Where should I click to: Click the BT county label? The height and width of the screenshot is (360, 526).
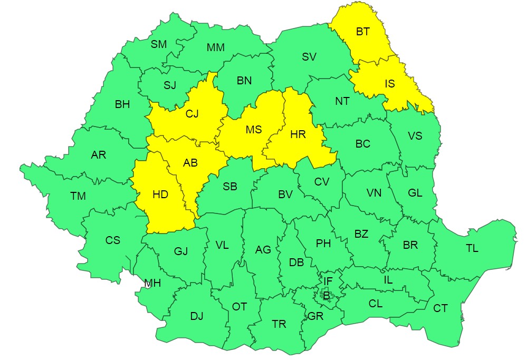362,32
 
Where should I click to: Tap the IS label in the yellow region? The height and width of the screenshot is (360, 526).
389,83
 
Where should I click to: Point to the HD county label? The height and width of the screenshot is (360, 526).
160,194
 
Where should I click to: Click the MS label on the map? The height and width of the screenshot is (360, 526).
253,130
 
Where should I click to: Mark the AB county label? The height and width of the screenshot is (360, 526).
190,163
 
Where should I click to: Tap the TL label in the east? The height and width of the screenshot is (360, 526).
472,248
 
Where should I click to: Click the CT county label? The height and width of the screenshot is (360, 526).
440,308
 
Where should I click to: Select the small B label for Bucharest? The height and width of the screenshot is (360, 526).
326,296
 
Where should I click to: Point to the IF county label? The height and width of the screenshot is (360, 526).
328,281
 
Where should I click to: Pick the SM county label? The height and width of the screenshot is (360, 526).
158,44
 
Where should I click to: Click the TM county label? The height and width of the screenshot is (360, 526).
78,197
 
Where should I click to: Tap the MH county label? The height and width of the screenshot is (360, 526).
152,284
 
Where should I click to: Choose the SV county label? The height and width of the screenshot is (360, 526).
309,57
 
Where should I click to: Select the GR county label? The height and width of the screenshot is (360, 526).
315,316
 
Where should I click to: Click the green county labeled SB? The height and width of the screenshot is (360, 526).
230,187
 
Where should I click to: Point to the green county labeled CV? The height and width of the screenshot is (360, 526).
321,182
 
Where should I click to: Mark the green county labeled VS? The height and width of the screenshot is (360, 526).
415,135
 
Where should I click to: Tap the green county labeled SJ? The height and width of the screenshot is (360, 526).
169,85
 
